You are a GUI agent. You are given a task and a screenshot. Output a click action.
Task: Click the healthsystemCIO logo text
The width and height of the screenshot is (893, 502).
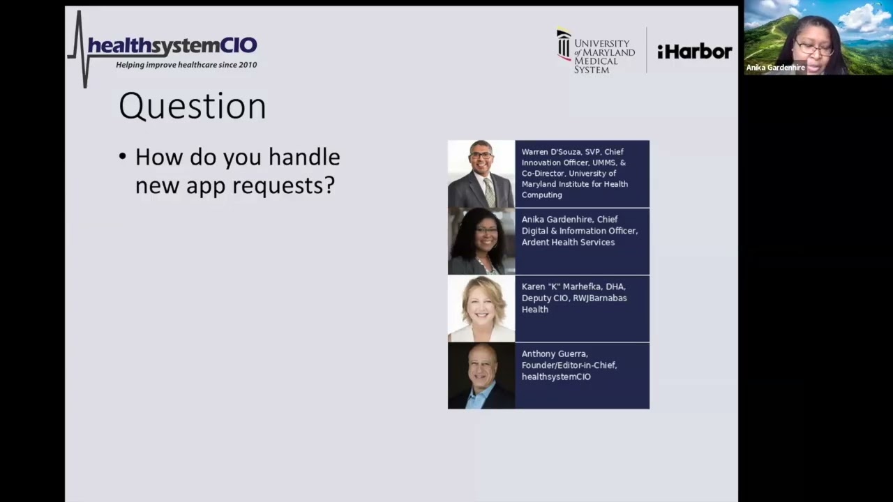point(172,47)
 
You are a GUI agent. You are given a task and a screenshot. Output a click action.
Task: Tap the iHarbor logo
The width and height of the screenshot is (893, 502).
point(694,52)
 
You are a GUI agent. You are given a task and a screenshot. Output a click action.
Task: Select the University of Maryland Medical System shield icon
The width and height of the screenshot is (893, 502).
point(564,45)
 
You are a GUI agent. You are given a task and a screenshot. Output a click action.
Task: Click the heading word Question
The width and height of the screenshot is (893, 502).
point(193,107)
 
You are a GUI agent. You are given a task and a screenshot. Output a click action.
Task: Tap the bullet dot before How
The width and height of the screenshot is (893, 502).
point(123,156)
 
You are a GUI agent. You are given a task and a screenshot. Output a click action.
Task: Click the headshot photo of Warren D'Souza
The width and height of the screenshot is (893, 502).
point(481,174)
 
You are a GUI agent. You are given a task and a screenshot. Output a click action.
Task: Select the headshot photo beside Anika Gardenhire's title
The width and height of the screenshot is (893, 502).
point(481,241)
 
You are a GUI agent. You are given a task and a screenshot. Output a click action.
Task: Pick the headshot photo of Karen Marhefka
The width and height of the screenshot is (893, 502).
point(481,309)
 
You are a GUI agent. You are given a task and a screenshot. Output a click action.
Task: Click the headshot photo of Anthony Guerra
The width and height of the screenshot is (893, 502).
point(481,376)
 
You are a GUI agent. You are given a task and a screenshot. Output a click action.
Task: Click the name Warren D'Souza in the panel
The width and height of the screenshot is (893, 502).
point(550,152)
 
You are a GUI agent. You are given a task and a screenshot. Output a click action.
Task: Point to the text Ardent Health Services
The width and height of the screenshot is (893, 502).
point(568,242)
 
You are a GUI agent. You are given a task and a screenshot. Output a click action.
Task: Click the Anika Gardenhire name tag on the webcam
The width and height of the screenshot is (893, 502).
point(776,68)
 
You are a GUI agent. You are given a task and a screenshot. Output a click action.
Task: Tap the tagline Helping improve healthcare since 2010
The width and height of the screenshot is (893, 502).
point(186,65)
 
